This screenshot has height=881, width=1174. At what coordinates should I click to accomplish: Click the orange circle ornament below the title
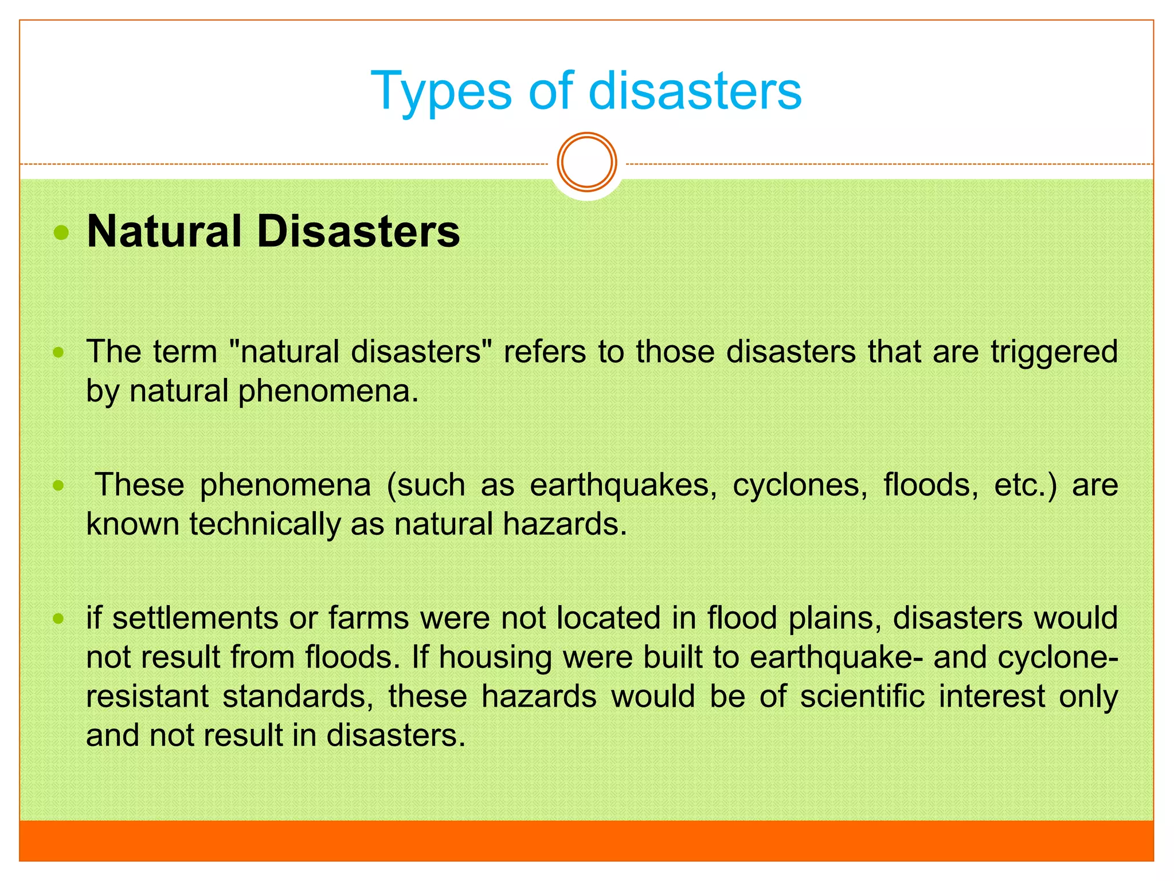587,162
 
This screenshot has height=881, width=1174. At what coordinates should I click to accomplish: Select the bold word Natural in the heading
165,232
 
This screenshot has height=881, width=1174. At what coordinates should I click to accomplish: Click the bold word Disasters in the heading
358,232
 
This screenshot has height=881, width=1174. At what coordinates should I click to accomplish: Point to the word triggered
1054,352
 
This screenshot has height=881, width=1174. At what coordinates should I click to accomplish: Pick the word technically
265,524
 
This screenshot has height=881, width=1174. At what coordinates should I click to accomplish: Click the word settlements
195,618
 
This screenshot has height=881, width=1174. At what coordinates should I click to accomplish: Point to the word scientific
862,696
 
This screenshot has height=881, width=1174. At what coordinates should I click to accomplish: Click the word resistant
147,696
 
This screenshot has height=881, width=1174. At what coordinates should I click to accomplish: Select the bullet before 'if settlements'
58,619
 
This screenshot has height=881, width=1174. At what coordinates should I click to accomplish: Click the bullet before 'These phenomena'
58,486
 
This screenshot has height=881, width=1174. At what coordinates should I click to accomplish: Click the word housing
495,657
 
